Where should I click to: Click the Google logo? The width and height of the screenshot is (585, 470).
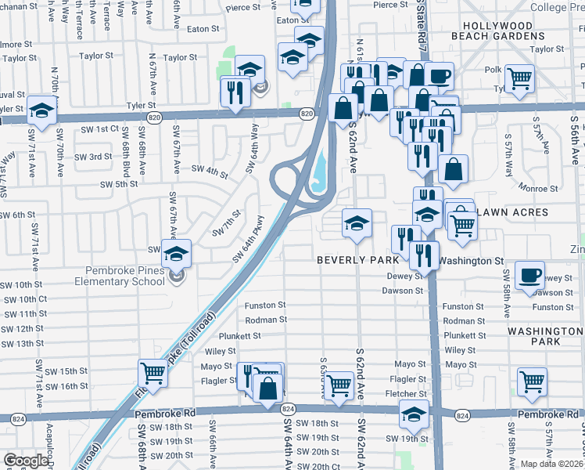(x=26, y=461)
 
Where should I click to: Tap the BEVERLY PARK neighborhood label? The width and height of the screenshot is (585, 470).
(x=357, y=259)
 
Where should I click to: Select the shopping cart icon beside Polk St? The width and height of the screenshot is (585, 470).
(x=519, y=78)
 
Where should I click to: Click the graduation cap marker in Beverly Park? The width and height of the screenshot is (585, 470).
(x=357, y=223)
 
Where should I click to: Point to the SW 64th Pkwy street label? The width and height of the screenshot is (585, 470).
(x=249, y=239)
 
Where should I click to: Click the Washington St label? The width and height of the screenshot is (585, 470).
(x=470, y=260)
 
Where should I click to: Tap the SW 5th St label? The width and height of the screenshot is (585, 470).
(x=119, y=184)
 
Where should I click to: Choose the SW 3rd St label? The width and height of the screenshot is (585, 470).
(x=94, y=157)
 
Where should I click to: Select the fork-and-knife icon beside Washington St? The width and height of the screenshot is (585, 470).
(x=422, y=253)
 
